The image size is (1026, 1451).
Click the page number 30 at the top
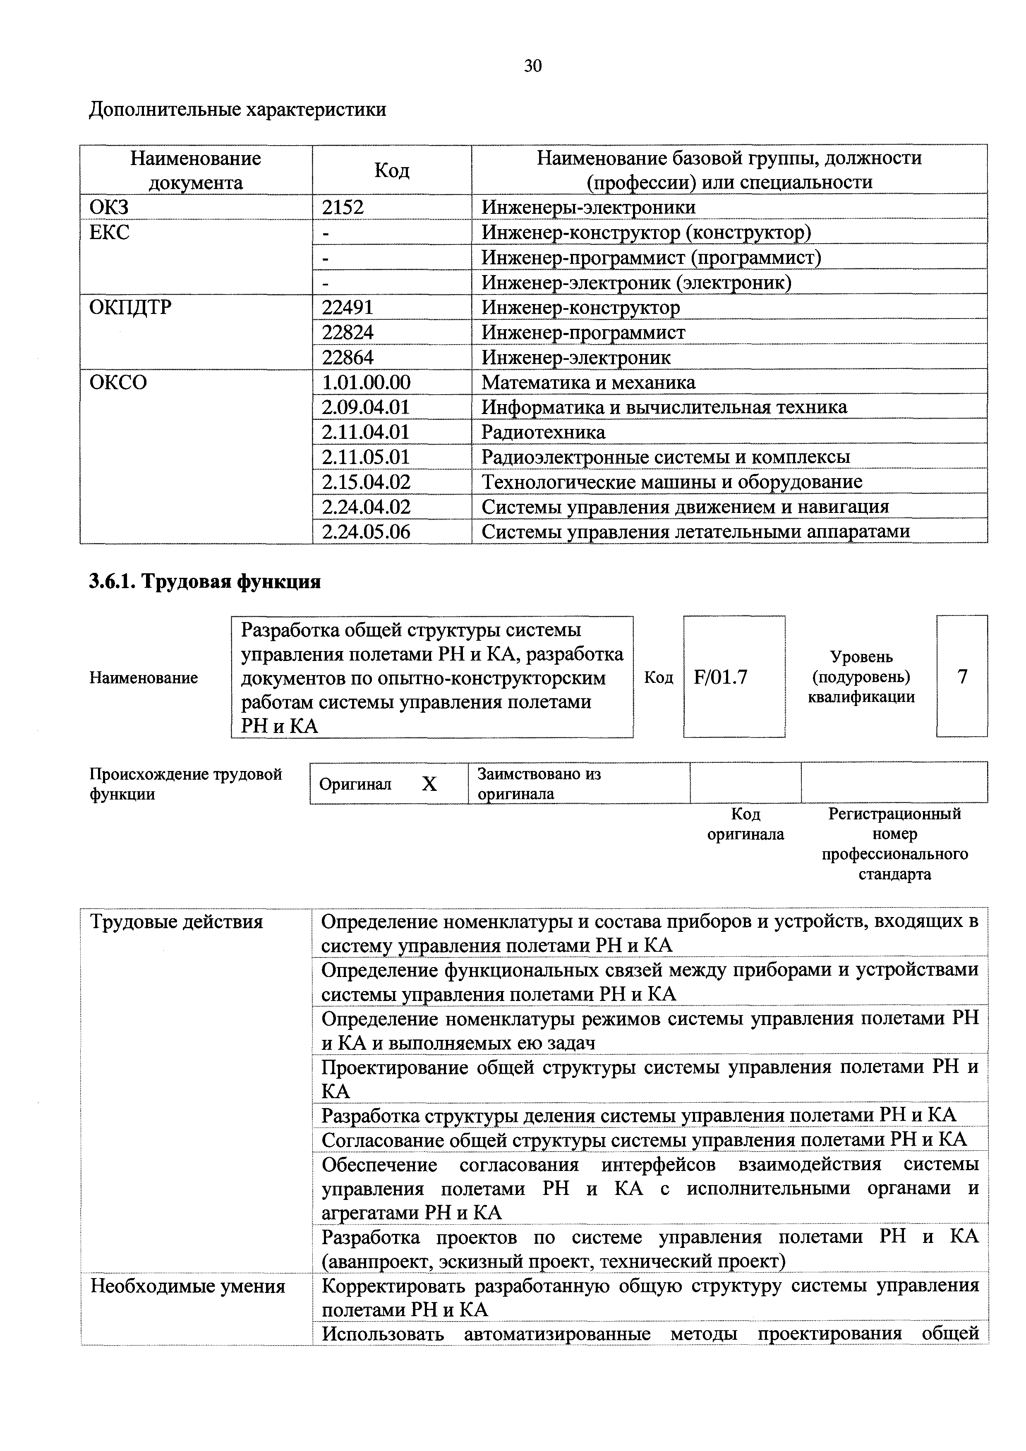(532, 66)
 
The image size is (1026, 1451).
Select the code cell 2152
(343, 207)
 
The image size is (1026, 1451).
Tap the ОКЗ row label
(109, 207)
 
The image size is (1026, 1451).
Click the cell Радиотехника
(543, 432)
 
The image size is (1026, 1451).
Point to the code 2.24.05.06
(366, 532)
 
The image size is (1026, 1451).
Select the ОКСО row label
(118, 382)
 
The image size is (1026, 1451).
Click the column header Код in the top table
(391, 169)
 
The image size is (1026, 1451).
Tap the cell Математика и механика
(588, 382)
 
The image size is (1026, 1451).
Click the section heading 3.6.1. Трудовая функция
(205, 581)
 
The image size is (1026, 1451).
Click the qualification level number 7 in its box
(961, 677)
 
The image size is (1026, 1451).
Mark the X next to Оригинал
(429, 784)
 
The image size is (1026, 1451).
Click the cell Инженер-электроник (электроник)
(636, 283)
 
